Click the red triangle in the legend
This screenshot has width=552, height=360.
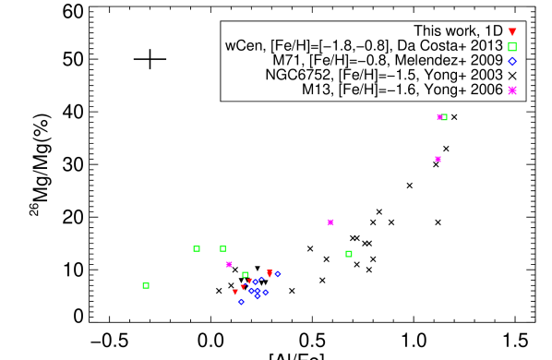(x=512, y=32)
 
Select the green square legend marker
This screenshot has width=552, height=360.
(x=512, y=46)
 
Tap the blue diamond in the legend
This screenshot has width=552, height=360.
(x=512, y=61)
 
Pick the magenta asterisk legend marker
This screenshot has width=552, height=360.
(x=512, y=90)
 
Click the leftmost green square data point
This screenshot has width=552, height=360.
(x=146, y=285)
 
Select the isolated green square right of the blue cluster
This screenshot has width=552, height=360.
(x=349, y=254)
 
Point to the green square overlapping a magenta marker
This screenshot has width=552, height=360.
(x=444, y=117)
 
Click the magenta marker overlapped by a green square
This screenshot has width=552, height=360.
(x=439, y=117)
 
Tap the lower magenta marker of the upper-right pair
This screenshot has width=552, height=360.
(x=438, y=159)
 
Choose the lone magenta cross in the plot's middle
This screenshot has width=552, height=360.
(x=330, y=222)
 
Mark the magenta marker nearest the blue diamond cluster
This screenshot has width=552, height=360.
(x=229, y=264)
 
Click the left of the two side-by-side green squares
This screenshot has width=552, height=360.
(x=197, y=248)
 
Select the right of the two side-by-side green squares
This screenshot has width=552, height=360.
(x=222, y=248)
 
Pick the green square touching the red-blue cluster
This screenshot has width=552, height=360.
(x=246, y=274)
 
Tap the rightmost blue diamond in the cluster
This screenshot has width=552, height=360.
(x=277, y=273)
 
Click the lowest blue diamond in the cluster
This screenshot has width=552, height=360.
(x=241, y=302)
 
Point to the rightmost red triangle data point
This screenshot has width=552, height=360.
(x=270, y=273)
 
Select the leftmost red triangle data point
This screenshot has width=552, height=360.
(x=235, y=292)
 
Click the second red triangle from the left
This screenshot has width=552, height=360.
(x=243, y=286)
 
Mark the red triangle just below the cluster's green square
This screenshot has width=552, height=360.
(x=249, y=281)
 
